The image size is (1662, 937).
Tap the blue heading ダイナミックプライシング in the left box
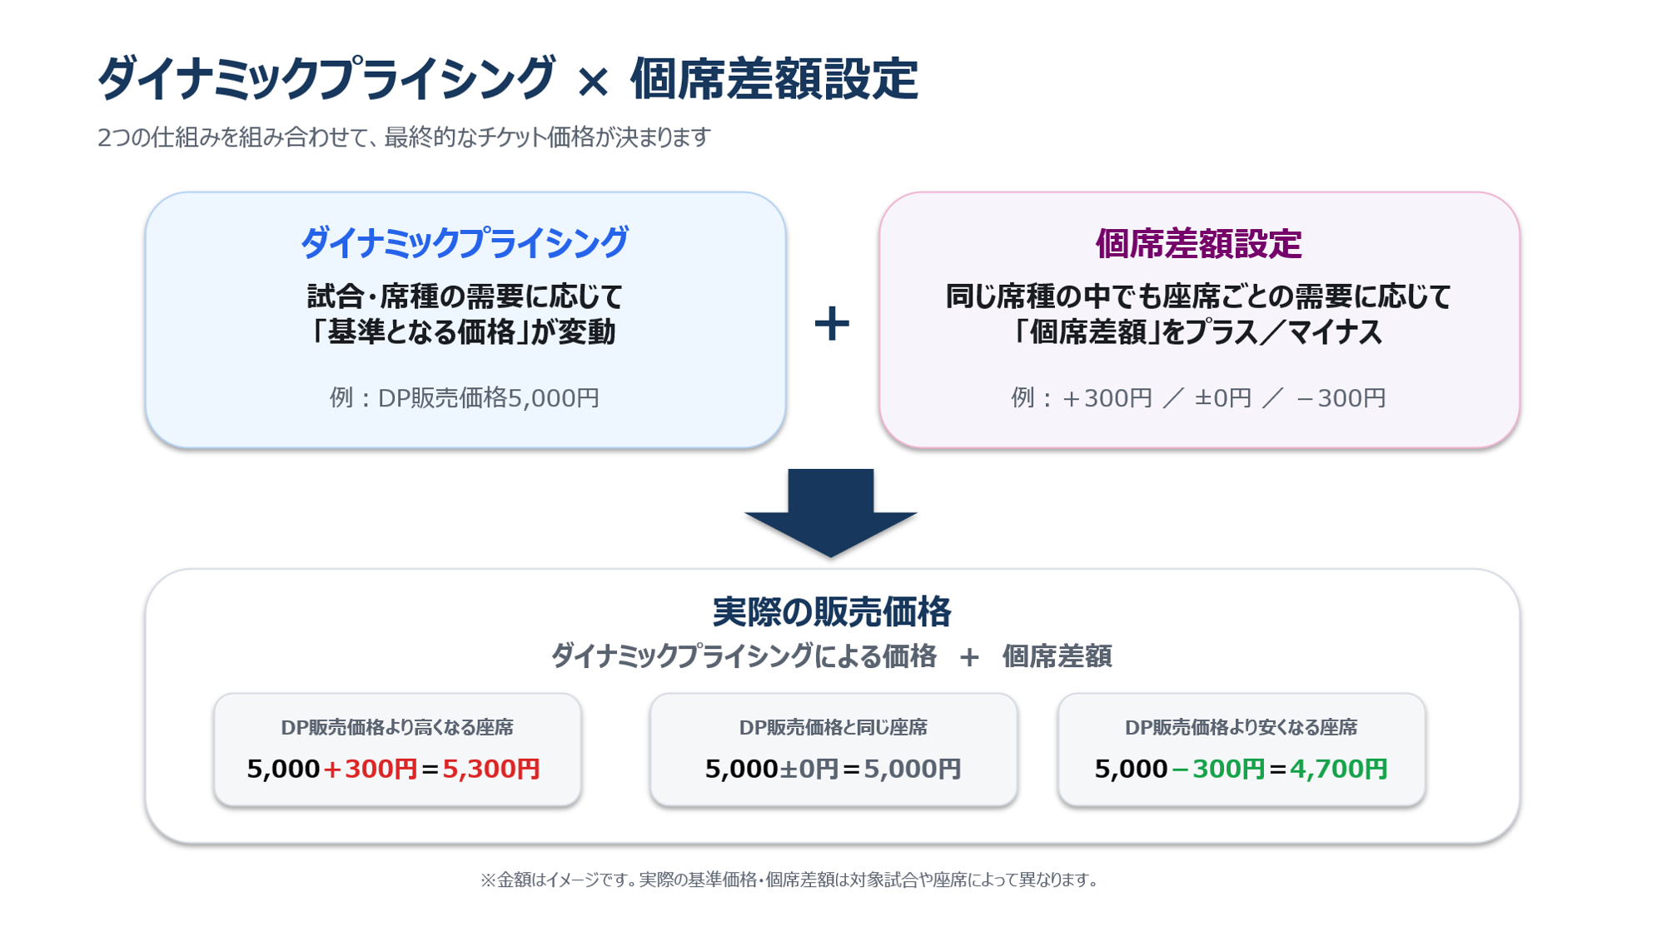pyautogui.click(x=465, y=243)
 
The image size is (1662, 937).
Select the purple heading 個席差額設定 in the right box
pyautogui.click(x=1198, y=244)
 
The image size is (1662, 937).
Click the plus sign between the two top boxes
pyautogui.click(x=832, y=323)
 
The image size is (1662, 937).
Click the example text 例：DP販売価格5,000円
pyautogui.click(x=465, y=398)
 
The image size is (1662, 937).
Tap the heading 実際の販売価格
pyautogui.click(x=831, y=612)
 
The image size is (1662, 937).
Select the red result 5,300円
pyautogui.click(x=491, y=769)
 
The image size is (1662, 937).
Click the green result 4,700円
pyautogui.click(x=1339, y=769)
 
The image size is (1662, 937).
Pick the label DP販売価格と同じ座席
pyautogui.click(x=833, y=727)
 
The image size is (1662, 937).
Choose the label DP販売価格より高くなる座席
pyautogui.click(x=397, y=727)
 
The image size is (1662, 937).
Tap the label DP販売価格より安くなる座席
pyautogui.click(x=1241, y=727)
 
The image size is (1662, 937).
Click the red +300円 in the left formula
pyautogui.click(x=370, y=769)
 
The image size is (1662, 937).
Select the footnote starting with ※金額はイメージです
pyautogui.click(x=789, y=880)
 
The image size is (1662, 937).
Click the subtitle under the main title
pyautogui.click(x=404, y=137)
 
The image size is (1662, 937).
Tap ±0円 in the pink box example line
pyautogui.click(x=1223, y=398)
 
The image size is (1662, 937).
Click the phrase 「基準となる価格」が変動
pyautogui.click(x=463, y=332)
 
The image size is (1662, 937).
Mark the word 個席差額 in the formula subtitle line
pyautogui.click(x=1057, y=656)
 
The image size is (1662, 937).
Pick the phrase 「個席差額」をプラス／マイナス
pyautogui.click(x=1197, y=332)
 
